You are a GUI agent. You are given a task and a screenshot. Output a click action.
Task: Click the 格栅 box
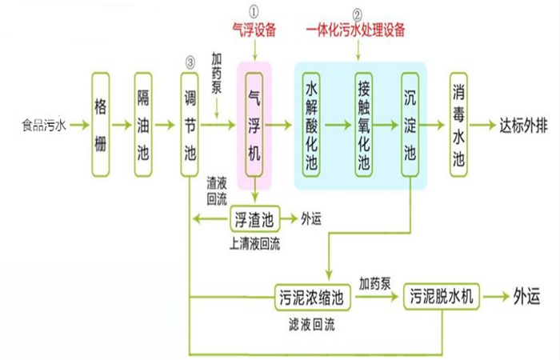pos(100,125)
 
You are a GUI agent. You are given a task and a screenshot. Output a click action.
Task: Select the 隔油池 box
pos(144,125)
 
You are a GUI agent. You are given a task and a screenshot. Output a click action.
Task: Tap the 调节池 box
pos(189,125)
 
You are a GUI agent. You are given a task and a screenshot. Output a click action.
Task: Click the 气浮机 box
pos(255,125)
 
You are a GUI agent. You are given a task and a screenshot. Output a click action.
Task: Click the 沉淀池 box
pos(410,125)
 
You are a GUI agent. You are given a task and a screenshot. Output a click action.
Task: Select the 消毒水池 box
pos(459,125)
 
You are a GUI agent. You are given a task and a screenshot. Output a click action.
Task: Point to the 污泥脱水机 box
pos(442,297)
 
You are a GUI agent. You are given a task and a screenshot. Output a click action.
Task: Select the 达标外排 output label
pos(525,126)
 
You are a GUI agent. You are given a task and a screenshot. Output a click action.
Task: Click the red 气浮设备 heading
pos(254,30)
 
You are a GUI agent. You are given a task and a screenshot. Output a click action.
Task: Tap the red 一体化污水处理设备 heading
pos(357,30)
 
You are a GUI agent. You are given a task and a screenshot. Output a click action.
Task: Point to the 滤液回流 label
pos(312,326)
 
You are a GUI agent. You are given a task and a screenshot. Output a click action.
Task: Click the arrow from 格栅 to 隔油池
pos(122,126)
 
